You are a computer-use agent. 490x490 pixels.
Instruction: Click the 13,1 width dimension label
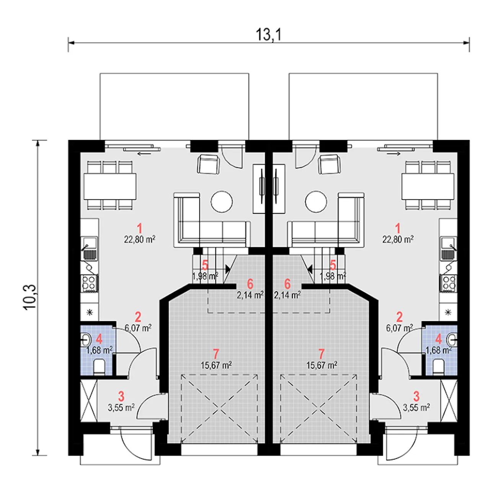[268, 34]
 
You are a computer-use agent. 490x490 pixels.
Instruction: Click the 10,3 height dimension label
[30, 297]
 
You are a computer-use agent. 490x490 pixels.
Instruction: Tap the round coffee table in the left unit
[222, 202]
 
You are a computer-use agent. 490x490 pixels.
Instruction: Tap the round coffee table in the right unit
[316, 202]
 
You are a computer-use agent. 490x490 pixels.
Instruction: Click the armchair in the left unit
[208, 165]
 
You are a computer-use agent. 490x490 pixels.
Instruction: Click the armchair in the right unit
[330, 165]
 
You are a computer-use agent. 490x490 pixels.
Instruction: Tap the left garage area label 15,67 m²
[216, 366]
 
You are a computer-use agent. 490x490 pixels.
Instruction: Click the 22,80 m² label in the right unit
[398, 239]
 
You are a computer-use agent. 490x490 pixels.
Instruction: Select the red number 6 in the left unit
[250, 284]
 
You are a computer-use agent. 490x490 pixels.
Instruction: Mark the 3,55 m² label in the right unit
[416, 408]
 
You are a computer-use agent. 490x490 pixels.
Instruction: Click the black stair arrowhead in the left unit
[227, 268]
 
